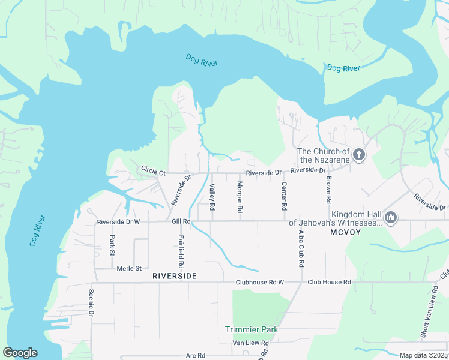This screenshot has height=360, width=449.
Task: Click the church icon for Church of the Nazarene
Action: pyautogui.click(x=358, y=155)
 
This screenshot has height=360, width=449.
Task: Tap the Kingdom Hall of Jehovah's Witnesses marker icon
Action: pyautogui.click(x=391, y=217)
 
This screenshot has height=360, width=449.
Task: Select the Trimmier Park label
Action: pyautogui.click(x=252, y=329)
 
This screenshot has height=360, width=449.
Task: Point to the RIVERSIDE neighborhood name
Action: pyautogui.click(x=174, y=276)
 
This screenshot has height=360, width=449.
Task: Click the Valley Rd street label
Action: pyautogui.click(x=212, y=197)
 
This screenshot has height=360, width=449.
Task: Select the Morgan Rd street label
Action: pyautogui.click(x=240, y=197)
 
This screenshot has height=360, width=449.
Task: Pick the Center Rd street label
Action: pyautogui.click(x=284, y=196)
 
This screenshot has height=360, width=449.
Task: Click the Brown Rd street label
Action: pyautogui.click(x=329, y=188)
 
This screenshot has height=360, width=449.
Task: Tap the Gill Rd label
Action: pyautogui.click(x=181, y=221)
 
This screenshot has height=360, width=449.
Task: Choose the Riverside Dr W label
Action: pyautogui.click(x=118, y=222)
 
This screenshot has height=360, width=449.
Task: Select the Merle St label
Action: pyautogui.click(x=129, y=268)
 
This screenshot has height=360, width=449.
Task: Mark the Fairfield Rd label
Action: pyautogui.click(x=180, y=251)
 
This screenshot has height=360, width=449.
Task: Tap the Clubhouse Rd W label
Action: pyautogui.click(x=259, y=282)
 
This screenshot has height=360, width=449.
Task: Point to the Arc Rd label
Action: pyautogui.click(x=196, y=355)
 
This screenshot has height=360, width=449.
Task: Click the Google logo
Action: pyautogui.click(x=20, y=353)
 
